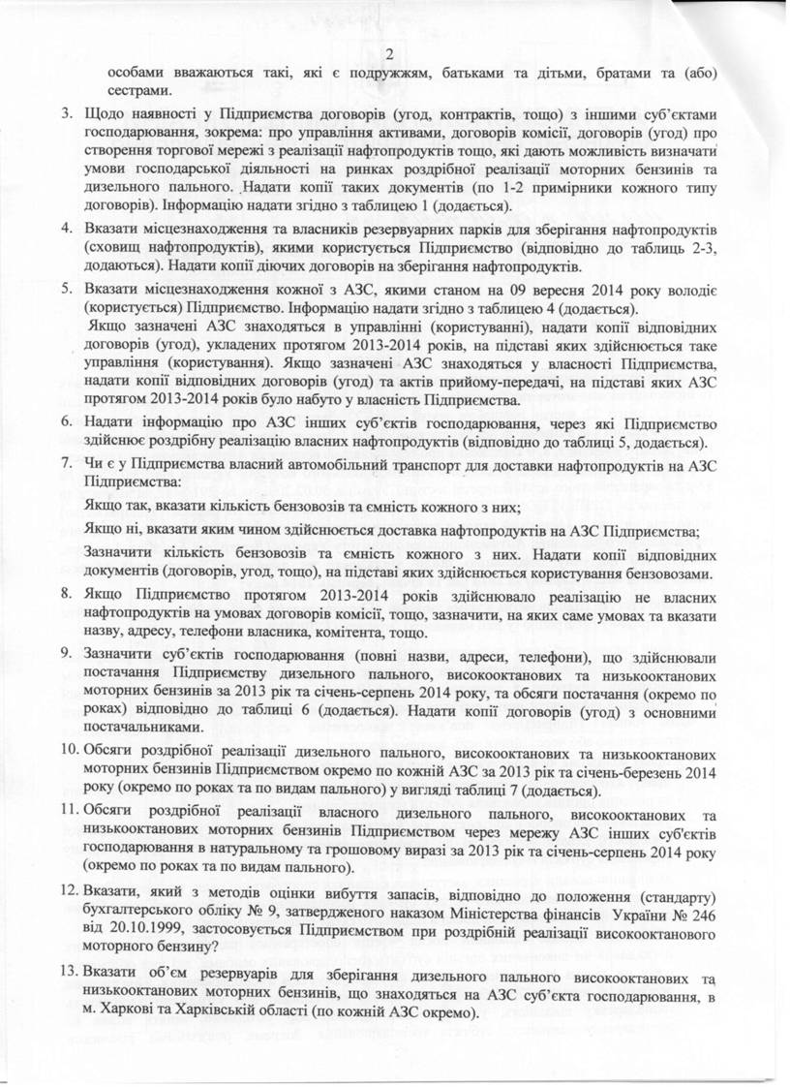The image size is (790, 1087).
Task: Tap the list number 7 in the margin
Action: click(67, 465)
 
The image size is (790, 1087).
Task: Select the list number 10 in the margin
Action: click(69, 753)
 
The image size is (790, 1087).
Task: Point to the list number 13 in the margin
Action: click(69, 972)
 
